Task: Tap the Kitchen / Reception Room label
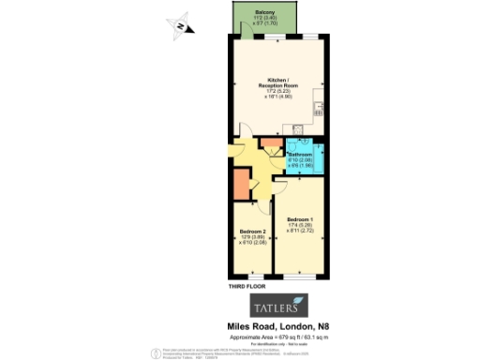coord(277,82)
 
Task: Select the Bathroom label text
coord(300,154)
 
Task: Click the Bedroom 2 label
coord(253,232)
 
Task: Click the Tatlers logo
coord(277,307)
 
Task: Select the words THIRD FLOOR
coord(245,285)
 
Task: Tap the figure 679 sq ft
coord(291,336)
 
